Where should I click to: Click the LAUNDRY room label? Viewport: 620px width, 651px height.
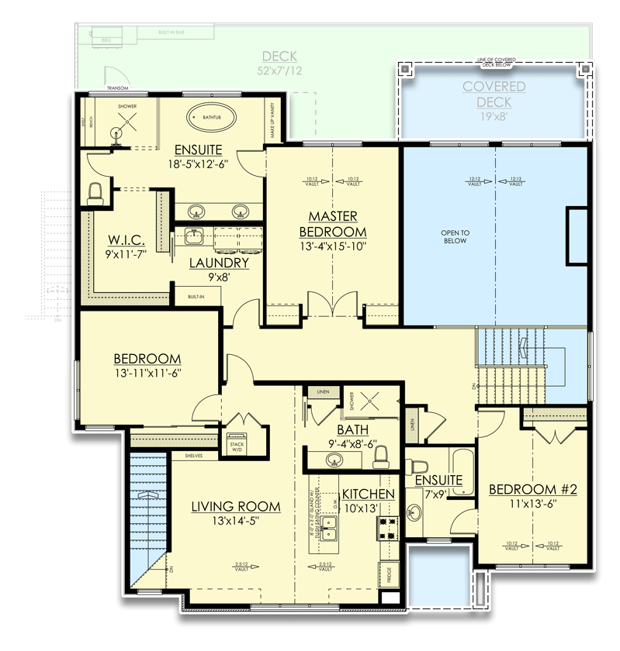tap(219, 263)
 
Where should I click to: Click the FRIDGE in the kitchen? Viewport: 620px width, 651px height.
tap(389, 573)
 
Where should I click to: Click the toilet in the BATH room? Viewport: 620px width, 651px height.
tap(380, 460)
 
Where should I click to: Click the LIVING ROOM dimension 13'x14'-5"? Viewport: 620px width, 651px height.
tap(236, 522)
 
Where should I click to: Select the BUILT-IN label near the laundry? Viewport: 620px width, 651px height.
tap(196, 295)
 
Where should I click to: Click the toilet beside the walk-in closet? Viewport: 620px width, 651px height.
tap(96, 194)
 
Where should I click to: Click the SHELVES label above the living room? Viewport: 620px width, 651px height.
tap(194, 456)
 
